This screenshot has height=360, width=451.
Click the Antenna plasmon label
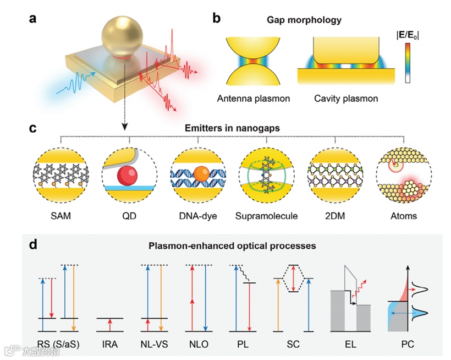pyautogui.click(x=254, y=99)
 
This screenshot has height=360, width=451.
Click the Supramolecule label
pyautogui.click(x=267, y=216)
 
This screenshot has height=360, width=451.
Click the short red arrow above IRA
pyautogui.click(x=109, y=325)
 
